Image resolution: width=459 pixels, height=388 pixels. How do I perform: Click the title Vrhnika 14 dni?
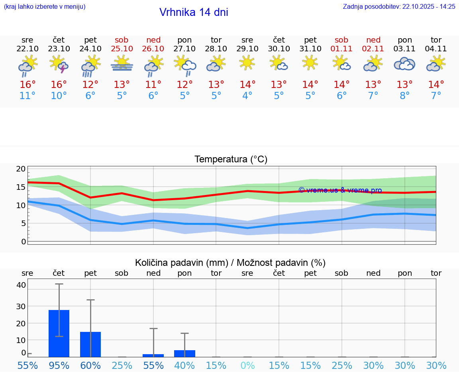(x=194, y=12)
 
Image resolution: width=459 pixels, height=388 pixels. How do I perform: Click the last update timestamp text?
(x=399, y=6)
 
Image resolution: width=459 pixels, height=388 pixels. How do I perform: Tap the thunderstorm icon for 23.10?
(x=59, y=64)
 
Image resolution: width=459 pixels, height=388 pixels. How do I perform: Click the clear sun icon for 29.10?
(x=247, y=62)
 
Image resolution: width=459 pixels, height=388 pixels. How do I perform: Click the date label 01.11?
(x=341, y=49)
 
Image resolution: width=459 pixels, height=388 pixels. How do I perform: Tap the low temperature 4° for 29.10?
(x=247, y=96)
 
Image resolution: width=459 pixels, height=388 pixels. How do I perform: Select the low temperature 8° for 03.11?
(x=404, y=96)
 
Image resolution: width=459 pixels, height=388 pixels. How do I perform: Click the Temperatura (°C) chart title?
(x=231, y=160)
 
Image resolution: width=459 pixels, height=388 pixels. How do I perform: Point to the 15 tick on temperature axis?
(x=21, y=187)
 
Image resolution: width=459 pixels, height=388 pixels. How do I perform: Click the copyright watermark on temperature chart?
(x=340, y=190)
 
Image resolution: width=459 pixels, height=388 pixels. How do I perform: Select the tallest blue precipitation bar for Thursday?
(x=59, y=333)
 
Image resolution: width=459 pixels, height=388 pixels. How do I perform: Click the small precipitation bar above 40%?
(x=184, y=353)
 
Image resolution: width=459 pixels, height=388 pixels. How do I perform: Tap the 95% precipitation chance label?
(x=59, y=365)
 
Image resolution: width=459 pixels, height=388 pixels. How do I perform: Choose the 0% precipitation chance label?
(x=247, y=365)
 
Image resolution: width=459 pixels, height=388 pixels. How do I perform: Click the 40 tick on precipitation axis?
(x=21, y=285)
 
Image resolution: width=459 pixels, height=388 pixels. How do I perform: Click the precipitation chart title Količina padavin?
(x=230, y=263)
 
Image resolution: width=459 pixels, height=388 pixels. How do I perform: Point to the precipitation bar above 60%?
(x=90, y=344)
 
